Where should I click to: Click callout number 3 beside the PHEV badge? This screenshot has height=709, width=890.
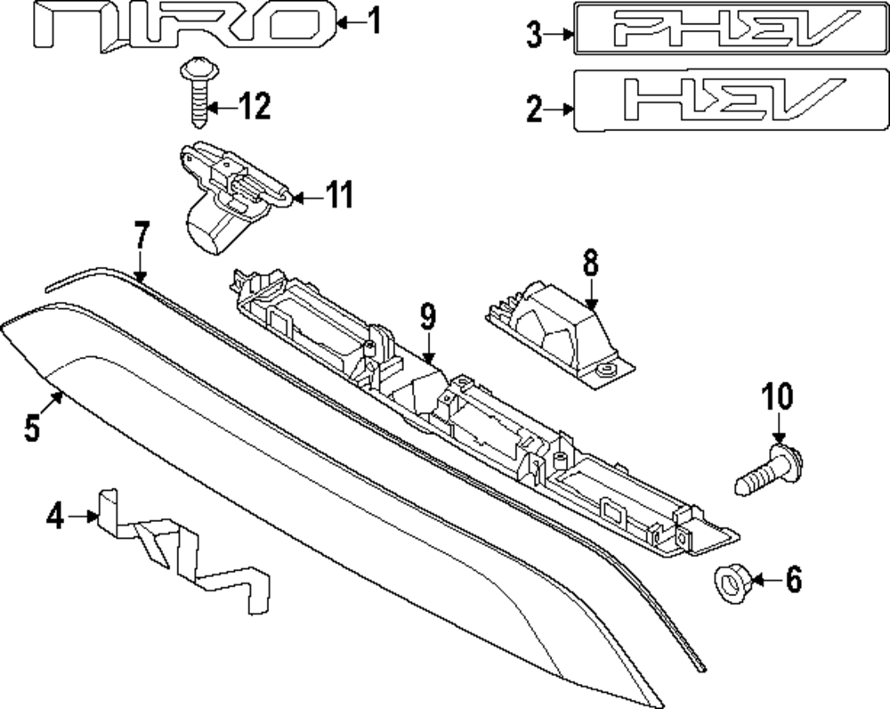click(533, 35)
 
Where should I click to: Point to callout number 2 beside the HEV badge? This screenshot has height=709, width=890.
click(533, 110)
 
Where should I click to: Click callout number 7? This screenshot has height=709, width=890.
click(141, 240)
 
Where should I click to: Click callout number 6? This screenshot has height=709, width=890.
click(791, 581)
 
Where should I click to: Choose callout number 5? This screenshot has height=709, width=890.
click(32, 428)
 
